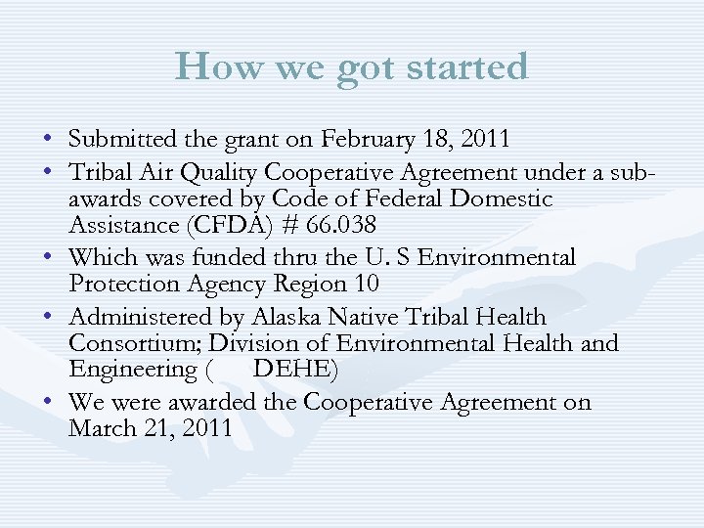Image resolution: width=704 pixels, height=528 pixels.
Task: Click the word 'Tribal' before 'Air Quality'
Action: [102, 173]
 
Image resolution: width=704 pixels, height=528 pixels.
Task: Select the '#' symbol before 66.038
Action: [283, 226]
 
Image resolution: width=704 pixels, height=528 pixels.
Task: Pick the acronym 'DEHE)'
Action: [295, 370]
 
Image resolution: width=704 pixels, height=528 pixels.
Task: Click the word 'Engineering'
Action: [133, 371]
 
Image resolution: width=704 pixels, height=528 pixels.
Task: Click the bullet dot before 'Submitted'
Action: [48, 140]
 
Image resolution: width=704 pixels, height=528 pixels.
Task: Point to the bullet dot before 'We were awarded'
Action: [48, 403]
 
